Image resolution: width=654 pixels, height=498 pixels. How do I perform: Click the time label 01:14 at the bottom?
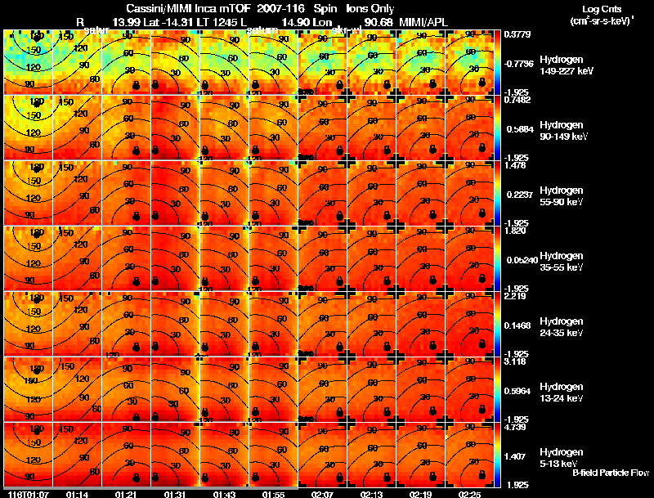(77, 493)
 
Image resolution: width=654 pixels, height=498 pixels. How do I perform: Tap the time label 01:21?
(127, 493)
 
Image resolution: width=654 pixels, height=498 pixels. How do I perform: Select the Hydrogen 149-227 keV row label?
(563, 65)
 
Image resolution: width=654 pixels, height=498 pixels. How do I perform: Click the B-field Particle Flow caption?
(610, 473)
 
